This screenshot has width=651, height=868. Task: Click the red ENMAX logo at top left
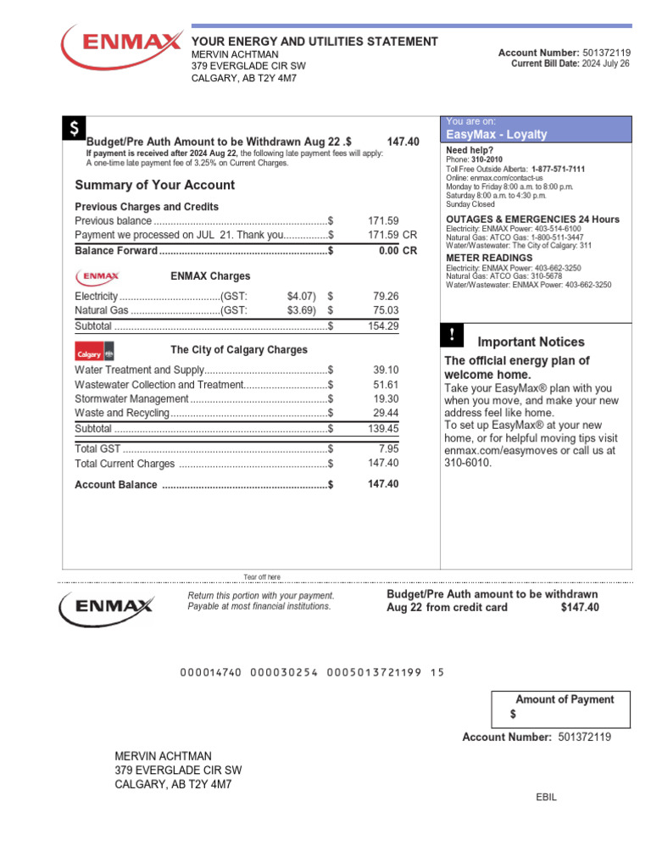120,45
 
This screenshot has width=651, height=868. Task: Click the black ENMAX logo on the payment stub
106,606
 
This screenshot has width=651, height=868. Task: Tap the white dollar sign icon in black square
74,129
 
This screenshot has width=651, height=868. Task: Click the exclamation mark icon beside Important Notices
452,335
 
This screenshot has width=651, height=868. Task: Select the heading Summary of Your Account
155,186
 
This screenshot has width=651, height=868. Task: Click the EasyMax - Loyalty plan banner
537,134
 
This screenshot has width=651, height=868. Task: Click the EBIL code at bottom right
547,798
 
